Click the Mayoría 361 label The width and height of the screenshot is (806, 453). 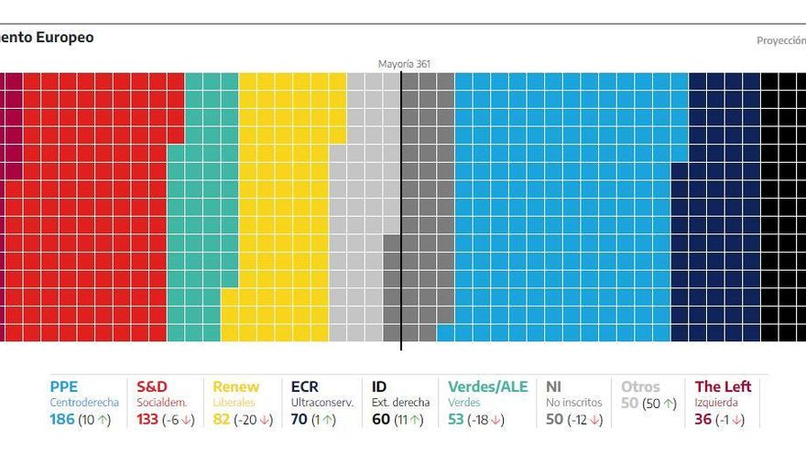click(404, 64)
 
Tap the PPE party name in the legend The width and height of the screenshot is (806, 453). click(64, 387)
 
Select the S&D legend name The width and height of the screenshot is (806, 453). click(152, 387)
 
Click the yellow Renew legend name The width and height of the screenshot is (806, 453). click(236, 387)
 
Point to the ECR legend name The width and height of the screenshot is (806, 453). click(305, 387)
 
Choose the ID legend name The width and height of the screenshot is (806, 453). click(380, 387)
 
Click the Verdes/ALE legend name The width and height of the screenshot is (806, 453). click(488, 387)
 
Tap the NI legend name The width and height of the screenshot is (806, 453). click(554, 387)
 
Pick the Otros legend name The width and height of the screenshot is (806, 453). click(640, 387)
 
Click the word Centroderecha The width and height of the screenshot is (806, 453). click(84, 403)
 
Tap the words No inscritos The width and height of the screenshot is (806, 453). click(574, 403)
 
